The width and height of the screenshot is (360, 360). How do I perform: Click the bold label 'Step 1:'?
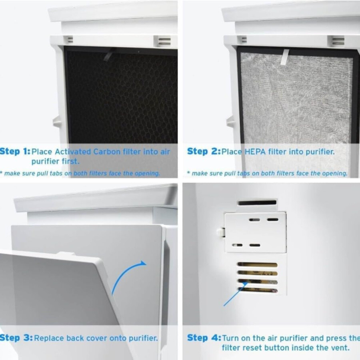click(x=15, y=152)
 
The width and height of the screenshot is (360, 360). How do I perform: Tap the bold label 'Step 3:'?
click(x=16, y=338)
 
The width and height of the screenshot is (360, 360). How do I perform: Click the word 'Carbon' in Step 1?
click(x=108, y=152)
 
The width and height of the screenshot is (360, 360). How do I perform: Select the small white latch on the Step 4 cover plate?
click(x=220, y=232)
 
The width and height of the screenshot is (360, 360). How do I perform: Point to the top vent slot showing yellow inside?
click(x=257, y=265)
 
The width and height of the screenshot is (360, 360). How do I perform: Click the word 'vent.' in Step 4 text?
click(x=340, y=348)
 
